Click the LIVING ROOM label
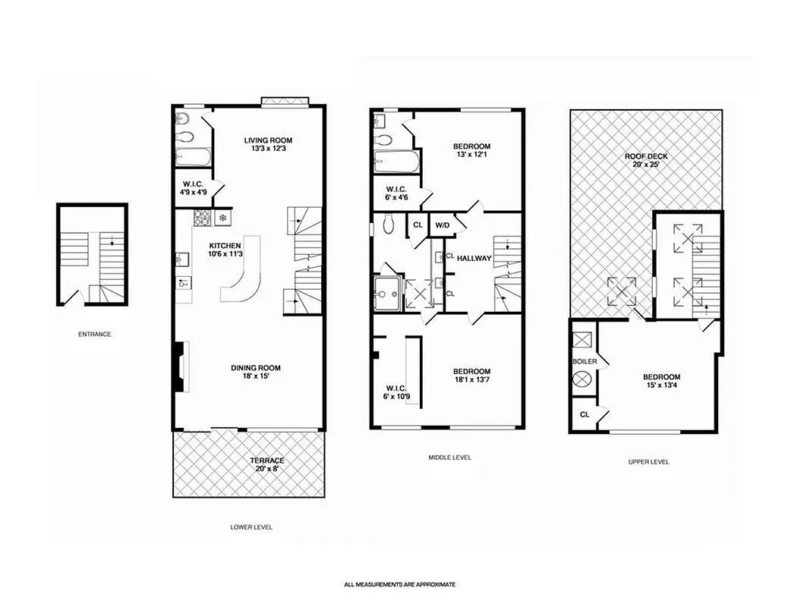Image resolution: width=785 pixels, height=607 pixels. click(268, 140)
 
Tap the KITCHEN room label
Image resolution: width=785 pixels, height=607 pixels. click(225, 245)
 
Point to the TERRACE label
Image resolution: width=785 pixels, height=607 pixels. click(267, 460)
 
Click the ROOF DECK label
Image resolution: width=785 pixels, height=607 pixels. click(646, 156)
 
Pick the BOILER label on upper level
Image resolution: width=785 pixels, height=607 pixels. click(584, 361)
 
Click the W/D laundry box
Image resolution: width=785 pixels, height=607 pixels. click(441, 225)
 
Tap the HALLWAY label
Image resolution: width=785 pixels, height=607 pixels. click(474, 258)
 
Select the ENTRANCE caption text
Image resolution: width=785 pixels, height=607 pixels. click(94, 333)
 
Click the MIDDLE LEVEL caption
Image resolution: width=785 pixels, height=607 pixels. click(449, 458)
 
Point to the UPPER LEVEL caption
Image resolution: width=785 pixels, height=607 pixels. click(648, 461)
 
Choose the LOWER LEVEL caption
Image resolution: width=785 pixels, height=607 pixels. click(251, 527)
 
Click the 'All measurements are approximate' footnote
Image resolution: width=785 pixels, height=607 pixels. click(399, 585)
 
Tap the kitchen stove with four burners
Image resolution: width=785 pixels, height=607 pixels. click(202, 219)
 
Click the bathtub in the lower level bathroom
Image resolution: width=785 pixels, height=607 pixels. click(194, 158)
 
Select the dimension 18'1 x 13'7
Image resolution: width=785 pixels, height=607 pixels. click(471, 381)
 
